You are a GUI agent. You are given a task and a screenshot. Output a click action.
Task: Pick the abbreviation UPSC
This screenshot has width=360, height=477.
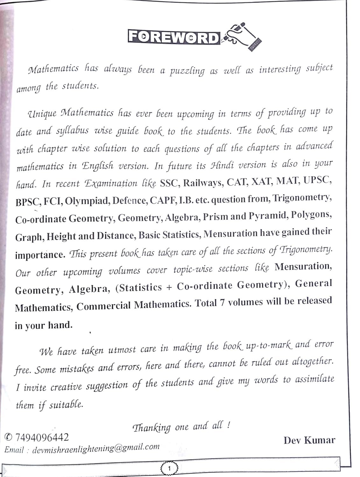[x=317, y=180]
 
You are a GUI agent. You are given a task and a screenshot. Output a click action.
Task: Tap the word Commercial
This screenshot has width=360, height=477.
[x=103, y=306]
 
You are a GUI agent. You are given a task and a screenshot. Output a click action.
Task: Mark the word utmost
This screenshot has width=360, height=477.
[x=122, y=350]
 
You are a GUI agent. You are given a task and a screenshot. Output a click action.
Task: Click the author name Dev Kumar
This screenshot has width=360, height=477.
[x=309, y=440]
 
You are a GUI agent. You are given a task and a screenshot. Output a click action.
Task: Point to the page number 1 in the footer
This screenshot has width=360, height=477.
[x=169, y=468]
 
